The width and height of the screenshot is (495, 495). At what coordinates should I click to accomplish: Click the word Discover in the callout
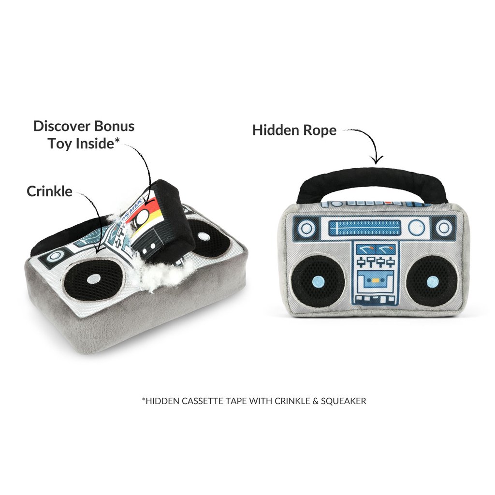click(x=61, y=127)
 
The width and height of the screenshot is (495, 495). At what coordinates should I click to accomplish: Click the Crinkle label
click(x=49, y=191)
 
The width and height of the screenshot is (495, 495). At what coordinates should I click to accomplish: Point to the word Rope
click(x=314, y=130)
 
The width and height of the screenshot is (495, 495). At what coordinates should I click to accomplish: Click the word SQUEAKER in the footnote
click(x=346, y=401)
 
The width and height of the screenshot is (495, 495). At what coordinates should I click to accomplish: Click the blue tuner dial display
click(x=364, y=227)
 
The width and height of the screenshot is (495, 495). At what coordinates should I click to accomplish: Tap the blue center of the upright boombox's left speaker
click(x=316, y=282)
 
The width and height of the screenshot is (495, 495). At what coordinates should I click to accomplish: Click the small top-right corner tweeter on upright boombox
click(x=443, y=227)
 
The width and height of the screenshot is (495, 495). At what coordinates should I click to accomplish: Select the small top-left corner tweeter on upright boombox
click(x=306, y=227)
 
